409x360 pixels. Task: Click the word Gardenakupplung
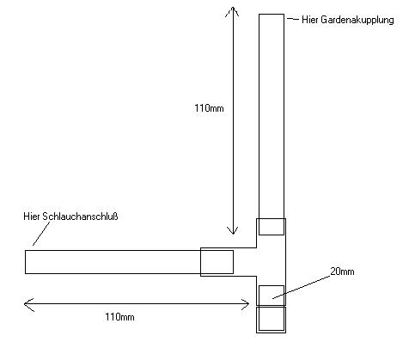357,20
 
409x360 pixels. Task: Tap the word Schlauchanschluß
80,217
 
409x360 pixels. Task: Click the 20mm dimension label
342,272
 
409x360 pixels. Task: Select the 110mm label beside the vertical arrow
209,108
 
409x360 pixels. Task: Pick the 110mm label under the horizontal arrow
119,317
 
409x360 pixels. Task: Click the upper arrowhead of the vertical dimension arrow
233,8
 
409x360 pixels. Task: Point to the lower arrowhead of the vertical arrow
233,234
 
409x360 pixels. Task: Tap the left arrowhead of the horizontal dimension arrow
25,304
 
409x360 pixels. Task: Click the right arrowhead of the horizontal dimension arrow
248,304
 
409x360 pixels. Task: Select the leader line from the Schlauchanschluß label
41,234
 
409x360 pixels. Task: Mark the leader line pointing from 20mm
302,287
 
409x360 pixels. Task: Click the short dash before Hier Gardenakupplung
293,19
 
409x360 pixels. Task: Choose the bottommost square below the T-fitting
271,320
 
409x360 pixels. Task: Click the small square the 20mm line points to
272,296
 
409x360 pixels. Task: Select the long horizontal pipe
129,262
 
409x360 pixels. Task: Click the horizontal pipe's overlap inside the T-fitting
217,262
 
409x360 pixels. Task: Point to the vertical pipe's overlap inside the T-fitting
272,227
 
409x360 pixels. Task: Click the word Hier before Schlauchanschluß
32,217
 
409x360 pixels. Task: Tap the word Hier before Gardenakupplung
310,20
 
